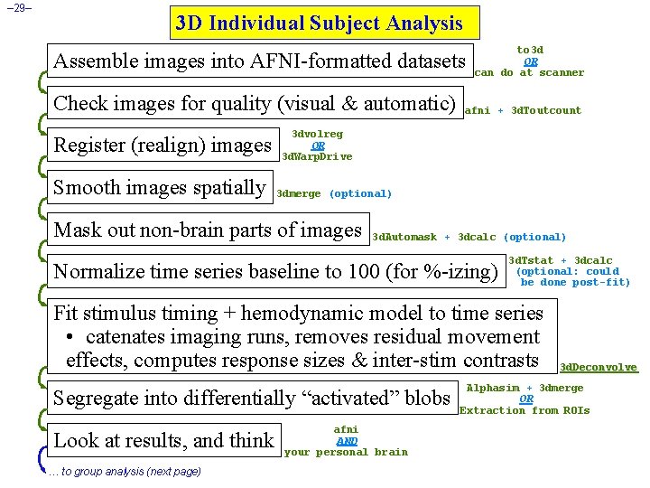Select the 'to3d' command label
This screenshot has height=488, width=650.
(530, 50)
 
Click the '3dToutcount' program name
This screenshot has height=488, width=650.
(546, 110)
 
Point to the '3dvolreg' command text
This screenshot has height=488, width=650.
(317, 134)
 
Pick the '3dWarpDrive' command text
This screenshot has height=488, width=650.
(317, 156)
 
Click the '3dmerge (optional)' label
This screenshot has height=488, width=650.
(334, 193)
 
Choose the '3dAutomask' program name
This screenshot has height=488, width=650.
(404, 237)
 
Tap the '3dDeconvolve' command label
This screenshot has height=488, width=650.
(599, 367)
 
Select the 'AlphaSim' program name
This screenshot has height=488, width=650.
(493, 388)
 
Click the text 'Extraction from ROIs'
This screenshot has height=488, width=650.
(525, 410)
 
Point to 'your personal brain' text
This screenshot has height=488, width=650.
(346, 452)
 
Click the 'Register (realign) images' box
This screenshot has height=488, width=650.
(162, 145)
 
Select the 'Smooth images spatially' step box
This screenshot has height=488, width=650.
(160, 187)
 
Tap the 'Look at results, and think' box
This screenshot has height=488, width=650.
(163, 440)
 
